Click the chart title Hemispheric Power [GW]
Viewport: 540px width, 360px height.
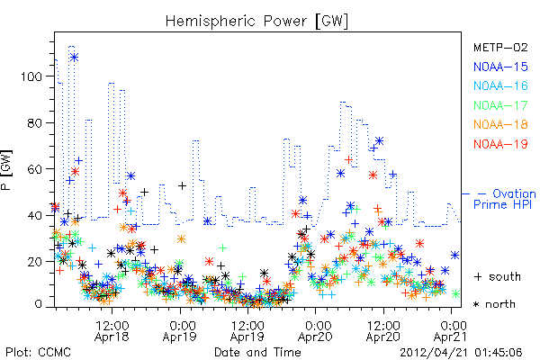click(x=256, y=21)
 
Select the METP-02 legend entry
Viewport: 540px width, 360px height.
click(x=500, y=47)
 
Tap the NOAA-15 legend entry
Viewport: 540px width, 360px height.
click(x=500, y=67)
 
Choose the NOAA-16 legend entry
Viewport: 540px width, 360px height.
click(x=500, y=85)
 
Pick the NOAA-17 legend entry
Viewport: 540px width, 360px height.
click(x=500, y=105)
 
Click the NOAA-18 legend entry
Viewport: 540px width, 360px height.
click(x=500, y=124)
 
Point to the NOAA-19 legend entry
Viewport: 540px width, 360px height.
click(x=500, y=144)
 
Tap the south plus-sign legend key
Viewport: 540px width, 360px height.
click(x=478, y=277)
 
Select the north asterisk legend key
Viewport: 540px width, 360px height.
click(x=477, y=304)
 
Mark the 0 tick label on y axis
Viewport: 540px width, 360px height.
click(x=39, y=304)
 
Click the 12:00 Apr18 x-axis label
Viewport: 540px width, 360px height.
click(x=112, y=331)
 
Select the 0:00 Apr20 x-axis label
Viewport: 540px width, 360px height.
click(x=315, y=331)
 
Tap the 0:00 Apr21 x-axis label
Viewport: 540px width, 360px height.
click(x=451, y=331)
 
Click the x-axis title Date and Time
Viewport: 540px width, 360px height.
click(x=257, y=352)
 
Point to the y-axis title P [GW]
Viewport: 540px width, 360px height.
click(x=6, y=169)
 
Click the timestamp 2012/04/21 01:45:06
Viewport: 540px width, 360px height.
click(x=461, y=353)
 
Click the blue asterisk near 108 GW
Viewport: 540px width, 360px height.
click(x=74, y=58)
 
